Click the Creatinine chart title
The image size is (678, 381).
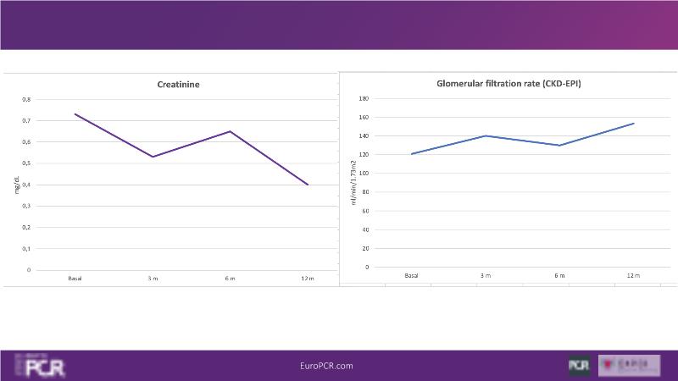click(x=178, y=84)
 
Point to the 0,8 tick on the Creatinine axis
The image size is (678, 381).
click(x=26, y=99)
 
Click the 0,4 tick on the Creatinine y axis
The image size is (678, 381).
click(x=26, y=185)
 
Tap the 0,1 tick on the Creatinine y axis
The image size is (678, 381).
click(x=26, y=249)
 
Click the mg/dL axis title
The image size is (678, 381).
click(x=16, y=185)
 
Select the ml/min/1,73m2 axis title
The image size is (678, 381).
click(x=353, y=182)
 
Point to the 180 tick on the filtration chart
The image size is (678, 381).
click(x=364, y=98)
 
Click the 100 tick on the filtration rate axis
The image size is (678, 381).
click(x=364, y=174)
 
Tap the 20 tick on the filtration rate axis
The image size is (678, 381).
click(x=365, y=248)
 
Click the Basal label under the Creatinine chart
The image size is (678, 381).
click(x=75, y=278)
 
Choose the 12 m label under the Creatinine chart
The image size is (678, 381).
click(x=308, y=278)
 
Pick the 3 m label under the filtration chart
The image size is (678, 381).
click(x=486, y=275)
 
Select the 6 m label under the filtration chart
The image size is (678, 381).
click(x=559, y=275)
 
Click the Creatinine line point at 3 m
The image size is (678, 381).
click(x=153, y=157)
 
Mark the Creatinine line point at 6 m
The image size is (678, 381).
click(x=230, y=131)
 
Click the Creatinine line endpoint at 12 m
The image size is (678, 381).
click(x=308, y=185)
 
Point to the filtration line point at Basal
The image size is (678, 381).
click(x=412, y=154)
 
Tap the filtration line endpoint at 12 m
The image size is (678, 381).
click(x=634, y=124)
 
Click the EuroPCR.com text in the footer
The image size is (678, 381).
click(x=326, y=366)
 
